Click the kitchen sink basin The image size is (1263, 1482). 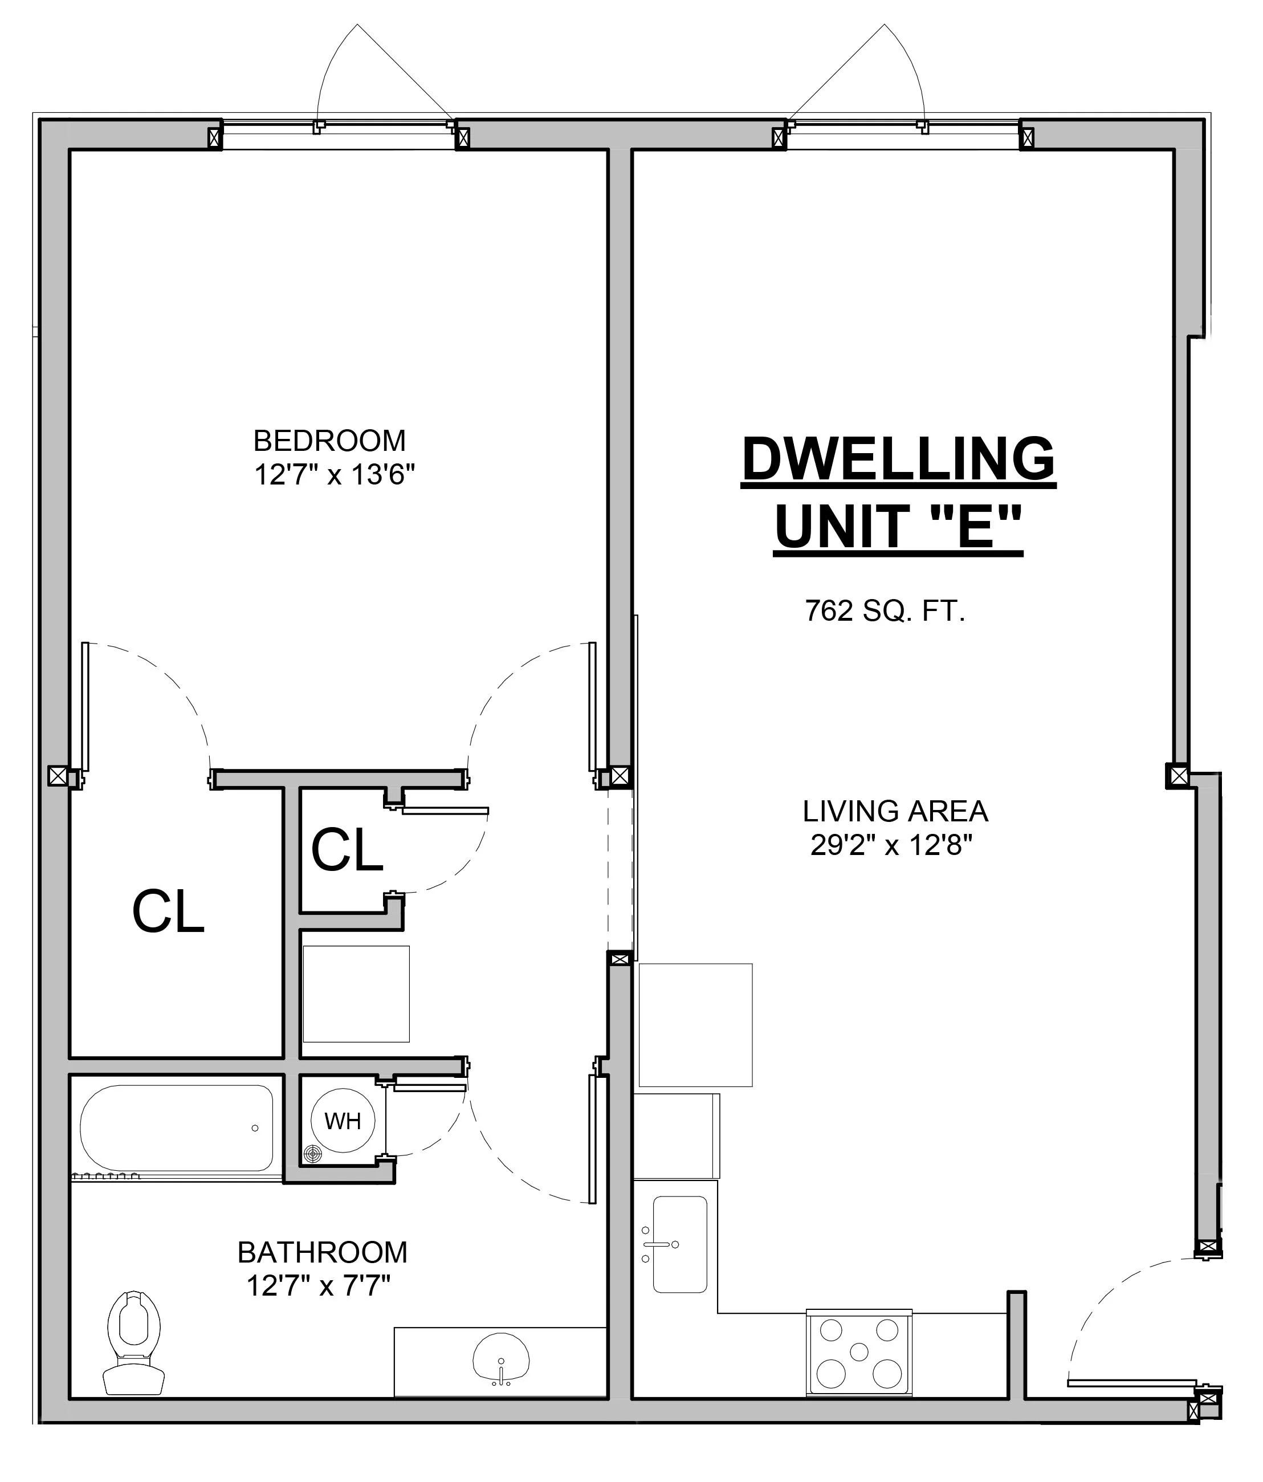click(680, 1244)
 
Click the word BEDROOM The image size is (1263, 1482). click(329, 441)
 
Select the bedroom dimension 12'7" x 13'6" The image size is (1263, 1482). click(335, 474)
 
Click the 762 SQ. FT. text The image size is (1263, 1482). click(885, 611)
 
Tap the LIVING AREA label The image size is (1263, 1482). click(895, 811)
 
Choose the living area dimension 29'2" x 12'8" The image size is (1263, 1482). click(892, 845)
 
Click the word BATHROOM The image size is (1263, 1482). click(323, 1252)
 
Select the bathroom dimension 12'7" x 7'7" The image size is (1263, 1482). click(318, 1286)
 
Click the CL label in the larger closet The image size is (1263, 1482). click(169, 912)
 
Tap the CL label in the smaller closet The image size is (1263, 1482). click(348, 850)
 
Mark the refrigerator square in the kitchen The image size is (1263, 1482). click(695, 1025)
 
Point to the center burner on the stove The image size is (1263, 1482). click(859, 1352)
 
